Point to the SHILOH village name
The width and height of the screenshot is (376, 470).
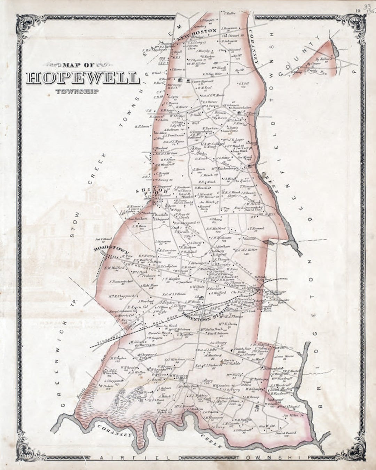[x=154, y=191]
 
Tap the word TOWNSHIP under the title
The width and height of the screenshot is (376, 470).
[x=76, y=92]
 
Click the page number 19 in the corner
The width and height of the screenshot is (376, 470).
[x=358, y=10]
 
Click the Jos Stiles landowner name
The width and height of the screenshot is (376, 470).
[x=292, y=415]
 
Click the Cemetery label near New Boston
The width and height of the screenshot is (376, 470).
[x=200, y=26]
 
